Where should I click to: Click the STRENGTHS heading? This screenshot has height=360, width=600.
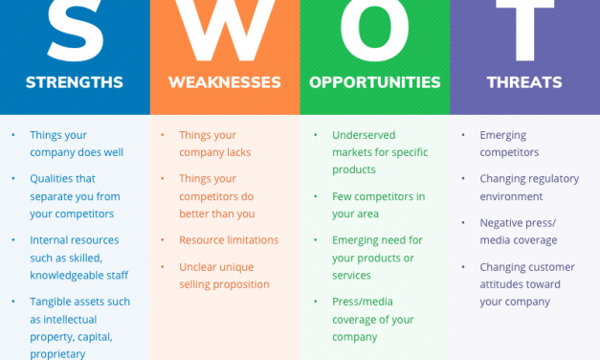(x=75, y=82)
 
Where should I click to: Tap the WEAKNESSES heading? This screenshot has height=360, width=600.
(x=225, y=82)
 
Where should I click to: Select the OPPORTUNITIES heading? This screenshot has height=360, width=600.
(x=374, y=82)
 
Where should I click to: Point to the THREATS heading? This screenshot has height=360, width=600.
(x=524, y=82)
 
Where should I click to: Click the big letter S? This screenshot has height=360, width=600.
(x=75, y=29)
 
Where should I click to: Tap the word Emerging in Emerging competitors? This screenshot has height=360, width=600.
(x=503, y=136)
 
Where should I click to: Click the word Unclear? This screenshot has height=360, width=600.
(x=198, y=267)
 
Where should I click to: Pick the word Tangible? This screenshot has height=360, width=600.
(x=53, y=302)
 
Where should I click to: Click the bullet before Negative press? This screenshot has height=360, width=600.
(x=464, y=223)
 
